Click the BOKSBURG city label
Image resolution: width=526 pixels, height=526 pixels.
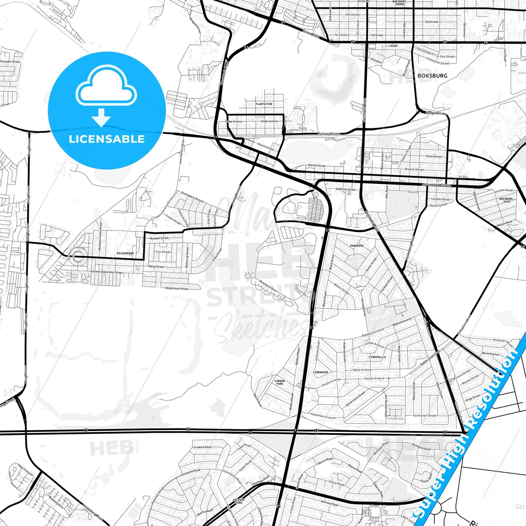pos(432,76)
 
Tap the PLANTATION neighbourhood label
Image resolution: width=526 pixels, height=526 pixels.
pos(264,104)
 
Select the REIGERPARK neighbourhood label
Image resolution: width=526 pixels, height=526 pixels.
pos(125,253)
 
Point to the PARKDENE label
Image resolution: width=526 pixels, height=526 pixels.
pos(357,246)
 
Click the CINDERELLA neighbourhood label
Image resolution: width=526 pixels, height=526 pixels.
pos(377,357)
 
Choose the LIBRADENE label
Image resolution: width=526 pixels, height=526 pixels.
pos(320,372)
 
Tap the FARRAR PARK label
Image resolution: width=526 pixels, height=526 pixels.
pos(280,382)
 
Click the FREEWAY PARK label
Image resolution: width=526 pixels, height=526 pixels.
pos(239,502)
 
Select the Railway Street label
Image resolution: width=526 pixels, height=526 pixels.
pos(329,134)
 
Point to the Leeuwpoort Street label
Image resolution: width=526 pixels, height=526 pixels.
pos(436,185)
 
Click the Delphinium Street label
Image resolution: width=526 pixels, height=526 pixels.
pos(177,289)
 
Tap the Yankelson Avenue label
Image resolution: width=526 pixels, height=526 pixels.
pos(323,415)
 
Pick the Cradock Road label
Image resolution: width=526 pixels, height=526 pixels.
pos(202,447)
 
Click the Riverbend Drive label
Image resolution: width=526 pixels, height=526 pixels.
pos(268,286)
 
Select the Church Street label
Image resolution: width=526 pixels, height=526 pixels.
pos(265,146)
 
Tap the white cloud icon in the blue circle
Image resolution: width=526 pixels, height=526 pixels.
pos(106,87)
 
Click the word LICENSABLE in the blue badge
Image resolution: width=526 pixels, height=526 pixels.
pos(107,139)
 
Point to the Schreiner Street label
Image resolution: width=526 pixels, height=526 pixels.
pos(424,415)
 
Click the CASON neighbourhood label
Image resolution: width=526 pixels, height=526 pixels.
pos(393,46)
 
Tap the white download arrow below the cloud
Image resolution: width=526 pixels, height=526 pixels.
pos(101,117)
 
